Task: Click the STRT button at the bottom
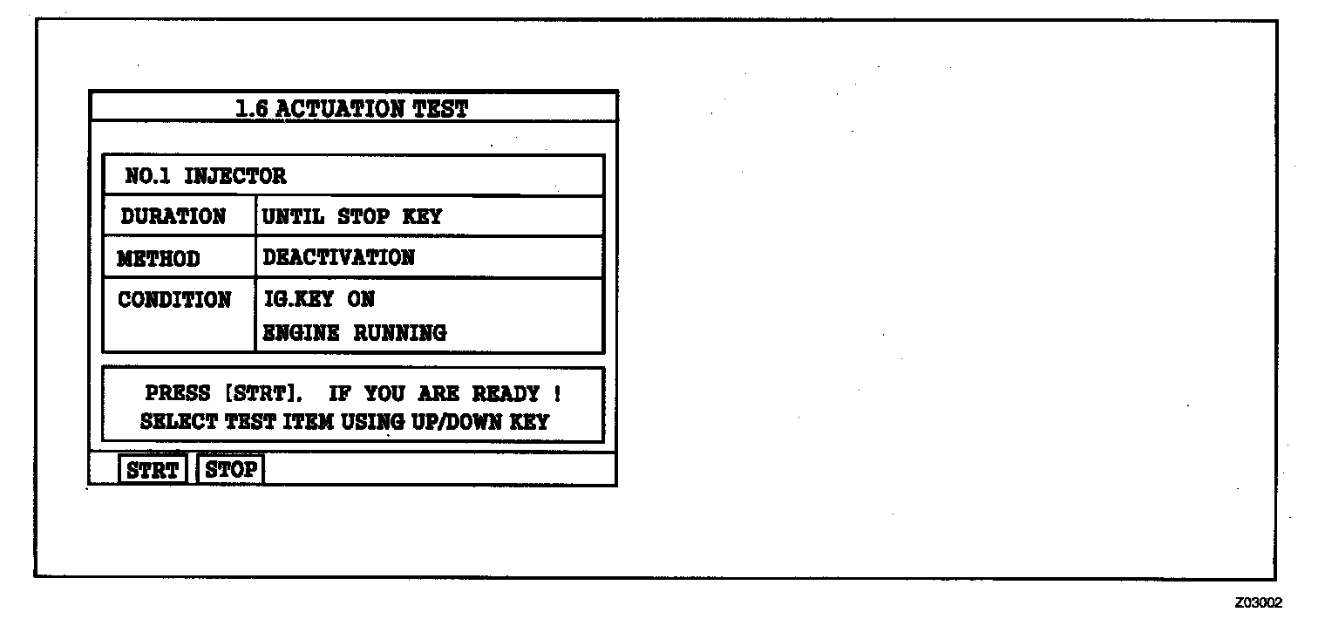pyautogui.click(x=153, y=470)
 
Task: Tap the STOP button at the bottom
pyautogui.click(x=231, y=470)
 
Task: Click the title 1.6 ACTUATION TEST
pyautogui.click(x=351, y=109)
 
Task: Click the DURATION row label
pyautogui.click(x=173, y=216)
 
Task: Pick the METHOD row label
pyautogui.click(x=159, y=259)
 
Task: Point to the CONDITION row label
pyautogui.click(x=174, y=300)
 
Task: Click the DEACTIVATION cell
pyautogui.click(x=338, y=257)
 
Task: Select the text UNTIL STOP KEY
pyautogui.click(x=351, y=216)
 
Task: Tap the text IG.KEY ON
pyautogui.click(x=318, y=299)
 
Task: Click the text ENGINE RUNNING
pyautogui.click(x=354, y=332)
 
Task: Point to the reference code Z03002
pyautogui.click(x=1258, y=602)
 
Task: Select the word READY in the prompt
pyautogui.click(x=506, y=393)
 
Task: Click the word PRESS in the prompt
pyautogui.click(x=177, y=393)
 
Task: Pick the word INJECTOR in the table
pyautogui.click(x=234, y=176)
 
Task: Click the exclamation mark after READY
pyautogui.click(x=557, y=393)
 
